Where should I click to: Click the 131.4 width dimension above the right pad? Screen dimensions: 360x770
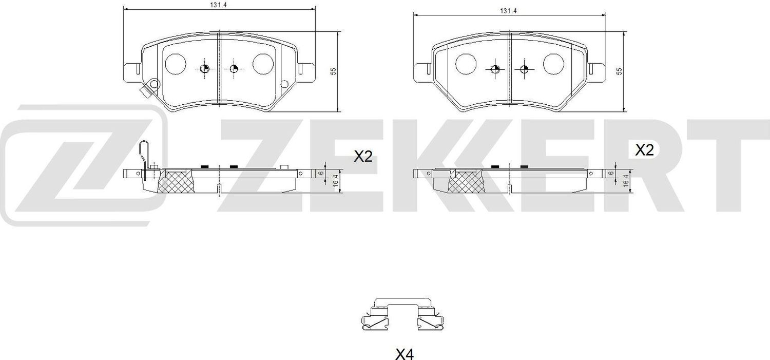[x=508, y=10]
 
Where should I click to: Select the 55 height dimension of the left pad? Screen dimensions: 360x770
[x=333, y=71]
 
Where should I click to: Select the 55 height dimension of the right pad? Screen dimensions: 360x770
[x=619, y=71]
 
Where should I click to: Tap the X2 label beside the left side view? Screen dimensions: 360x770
[x=363, y=157]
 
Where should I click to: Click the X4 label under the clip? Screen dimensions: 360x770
[x=404, y=354]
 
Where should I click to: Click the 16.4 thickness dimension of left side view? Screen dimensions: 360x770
[x=335, y=181]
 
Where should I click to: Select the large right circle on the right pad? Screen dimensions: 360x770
[x=553, y=63]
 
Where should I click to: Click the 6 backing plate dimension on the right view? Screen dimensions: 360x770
[x=611, y=173]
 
